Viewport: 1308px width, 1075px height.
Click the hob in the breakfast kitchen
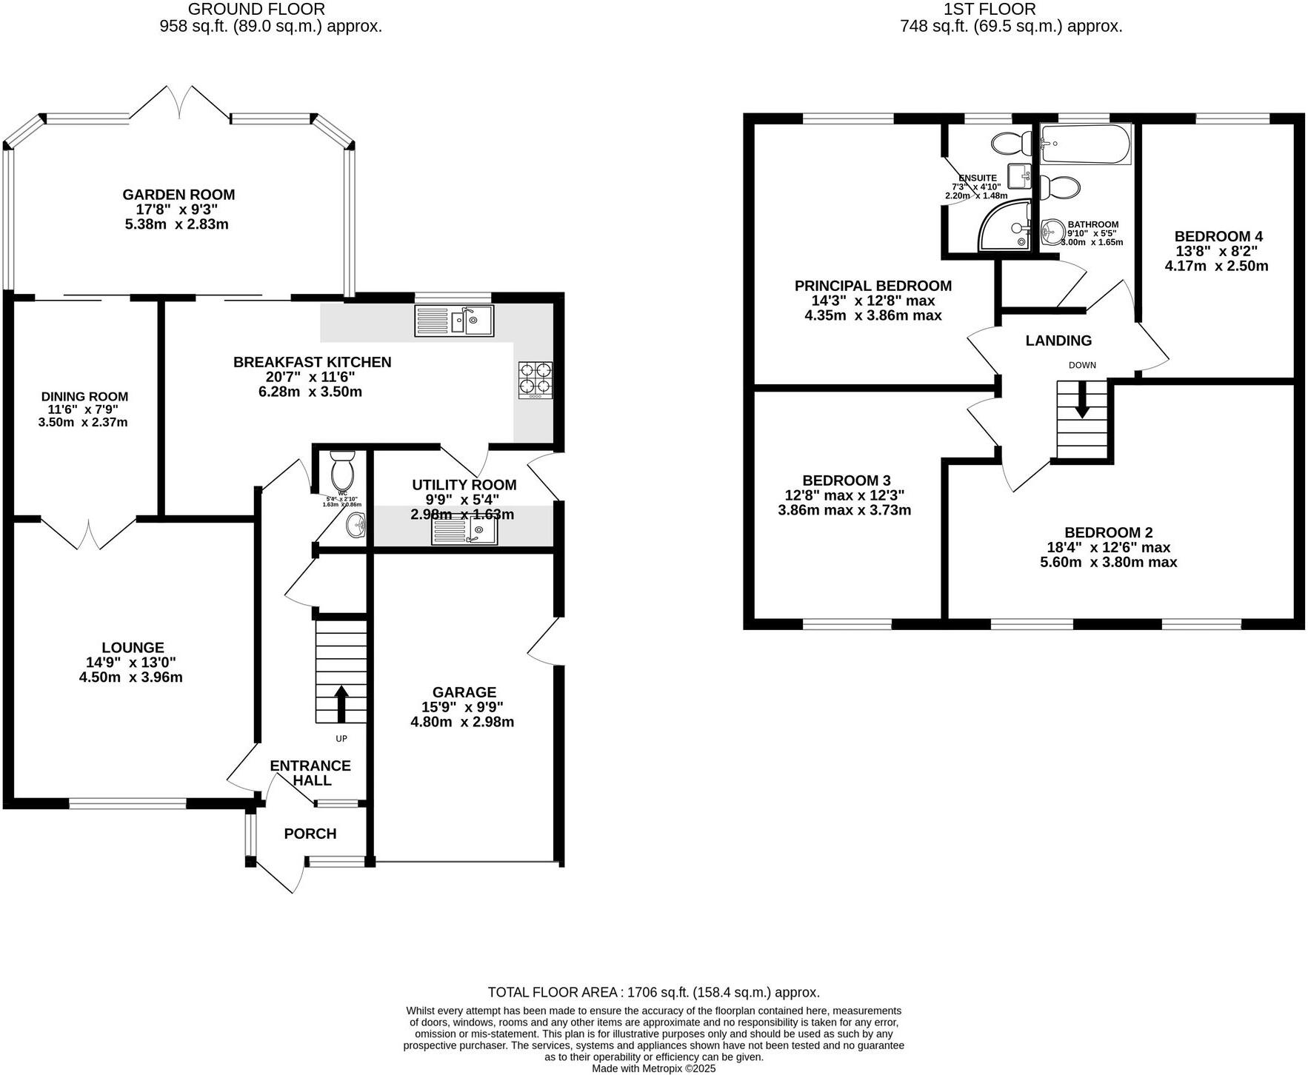pos(535,379)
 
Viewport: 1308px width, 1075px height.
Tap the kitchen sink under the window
pos(454,321)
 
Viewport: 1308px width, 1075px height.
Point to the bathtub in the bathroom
pos(1085,144)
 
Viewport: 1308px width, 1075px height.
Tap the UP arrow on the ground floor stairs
pos(341,703)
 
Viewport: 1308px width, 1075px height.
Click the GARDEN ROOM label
pos(178,195)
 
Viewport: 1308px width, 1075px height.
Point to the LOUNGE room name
pos(133,647)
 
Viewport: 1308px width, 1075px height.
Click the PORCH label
pos(310,834)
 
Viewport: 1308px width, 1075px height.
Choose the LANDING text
pos(1058,341)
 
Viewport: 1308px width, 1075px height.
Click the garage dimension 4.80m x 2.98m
pos(462,722)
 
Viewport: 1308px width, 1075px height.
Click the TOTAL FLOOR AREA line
pos(653,992)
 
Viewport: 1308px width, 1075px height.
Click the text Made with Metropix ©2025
pos(653,1068)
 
